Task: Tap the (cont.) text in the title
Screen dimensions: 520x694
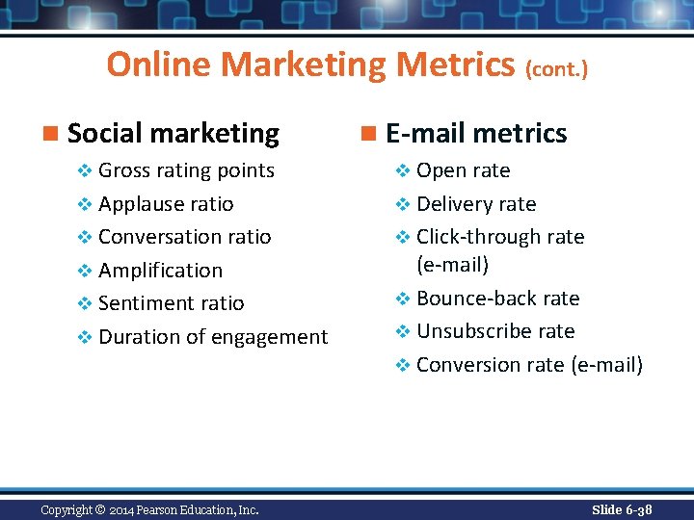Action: tap(556, 68)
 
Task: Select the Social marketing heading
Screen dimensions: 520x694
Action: tap(173, 133)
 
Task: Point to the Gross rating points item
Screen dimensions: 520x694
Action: tap(186, 171)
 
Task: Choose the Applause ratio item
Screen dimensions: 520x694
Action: tap(166, 204)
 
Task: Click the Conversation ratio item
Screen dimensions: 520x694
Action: tap(184, 237)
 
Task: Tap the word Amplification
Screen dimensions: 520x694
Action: tap(160, 271)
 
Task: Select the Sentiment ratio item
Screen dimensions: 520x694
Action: tap(171, 303)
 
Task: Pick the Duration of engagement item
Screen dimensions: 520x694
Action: tap(213, 337)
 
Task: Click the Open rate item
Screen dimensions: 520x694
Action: tap(463, 171)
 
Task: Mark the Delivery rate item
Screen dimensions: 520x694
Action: tap(475, 204)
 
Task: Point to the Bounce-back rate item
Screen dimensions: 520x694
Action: tap(497, 299)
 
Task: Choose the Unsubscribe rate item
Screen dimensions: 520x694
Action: tap(494, 331)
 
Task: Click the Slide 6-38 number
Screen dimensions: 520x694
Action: tap(622, 509)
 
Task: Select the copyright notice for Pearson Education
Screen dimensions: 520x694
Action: tap(149, 509)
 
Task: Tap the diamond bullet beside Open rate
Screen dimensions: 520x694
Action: tap(404, 171)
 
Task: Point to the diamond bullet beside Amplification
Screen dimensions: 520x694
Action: tap(86, 272)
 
